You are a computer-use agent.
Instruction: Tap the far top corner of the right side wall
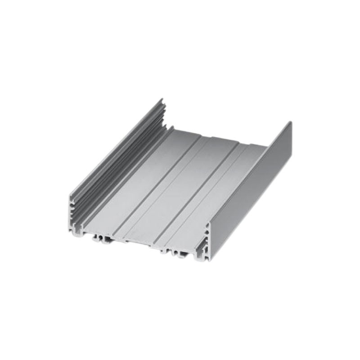point(290,122)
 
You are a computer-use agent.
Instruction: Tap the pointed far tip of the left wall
point(161,100)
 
